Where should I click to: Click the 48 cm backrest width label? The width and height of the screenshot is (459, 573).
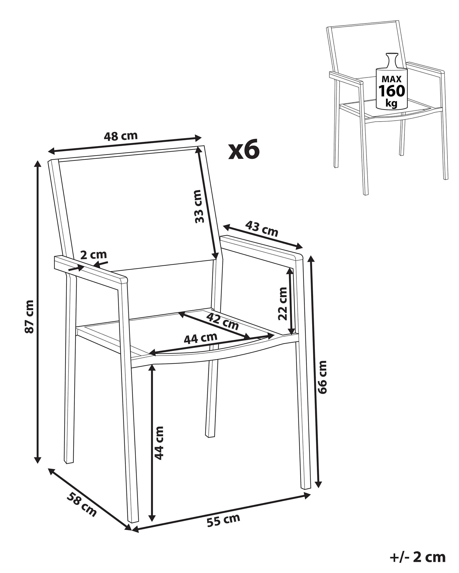121,136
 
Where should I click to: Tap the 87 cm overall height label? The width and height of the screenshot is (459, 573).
29,316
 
